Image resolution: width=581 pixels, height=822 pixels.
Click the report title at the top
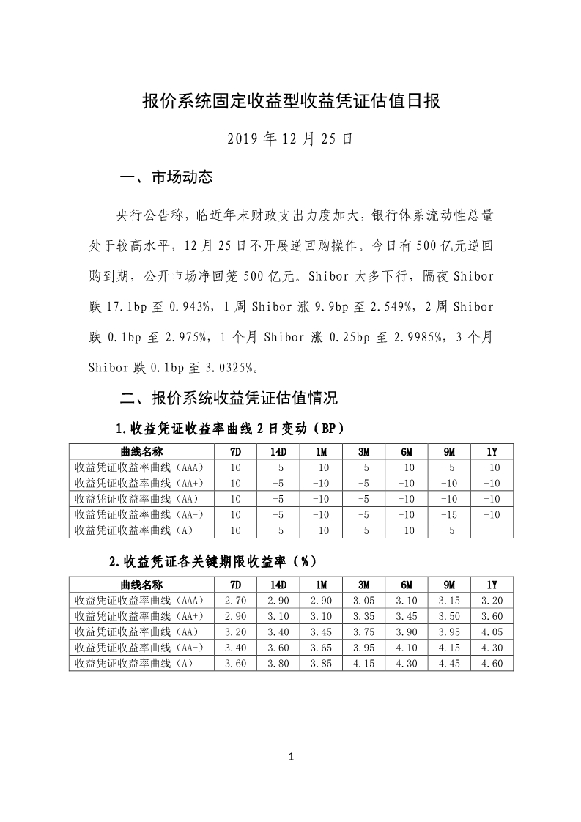coord(290,101)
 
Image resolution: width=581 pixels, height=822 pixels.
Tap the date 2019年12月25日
coord(290,138)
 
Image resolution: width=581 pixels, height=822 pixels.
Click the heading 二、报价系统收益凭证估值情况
coord(228,399)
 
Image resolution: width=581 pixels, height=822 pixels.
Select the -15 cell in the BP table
coord(449,514)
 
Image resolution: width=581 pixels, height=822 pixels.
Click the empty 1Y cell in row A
coord(492,530)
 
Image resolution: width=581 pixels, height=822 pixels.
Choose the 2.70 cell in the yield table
coord(236,600)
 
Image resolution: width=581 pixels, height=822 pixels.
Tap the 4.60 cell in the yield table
coord(492,664)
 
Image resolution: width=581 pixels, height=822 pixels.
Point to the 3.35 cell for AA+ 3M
coord(363,616)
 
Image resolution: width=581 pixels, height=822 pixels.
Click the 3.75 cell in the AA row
coord(363,632)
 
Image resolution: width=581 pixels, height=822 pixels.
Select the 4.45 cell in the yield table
coord(449,664)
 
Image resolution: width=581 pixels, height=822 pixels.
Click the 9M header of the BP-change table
coord(449,451)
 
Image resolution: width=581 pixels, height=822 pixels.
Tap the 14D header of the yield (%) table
coord(278,585)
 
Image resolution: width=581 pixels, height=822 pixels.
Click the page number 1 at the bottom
coord(291,757)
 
